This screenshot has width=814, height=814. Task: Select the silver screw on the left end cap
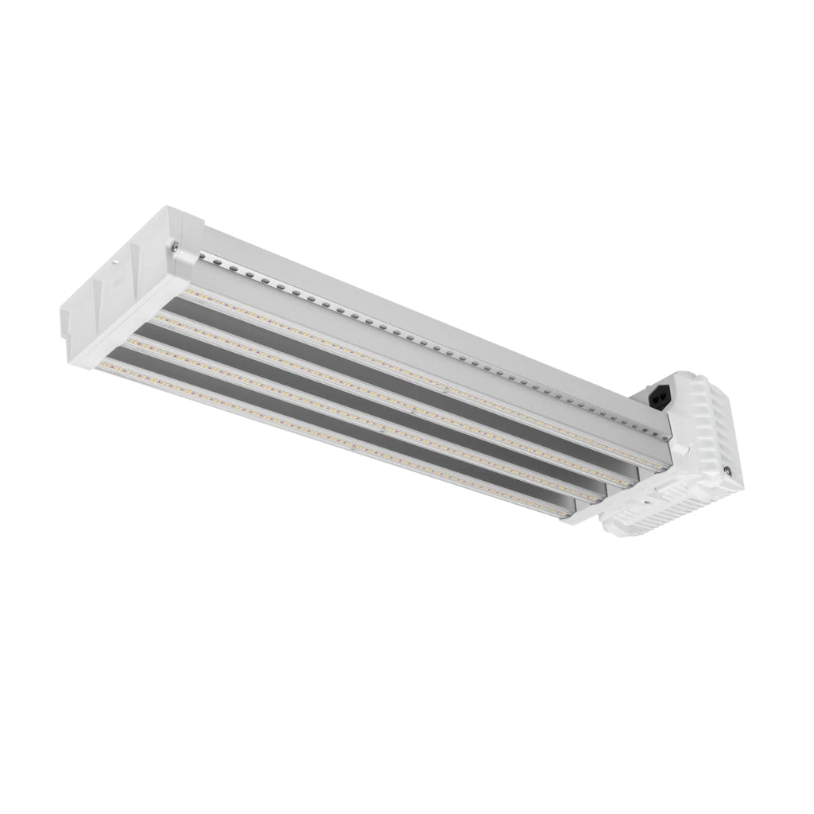click(174, 248)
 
